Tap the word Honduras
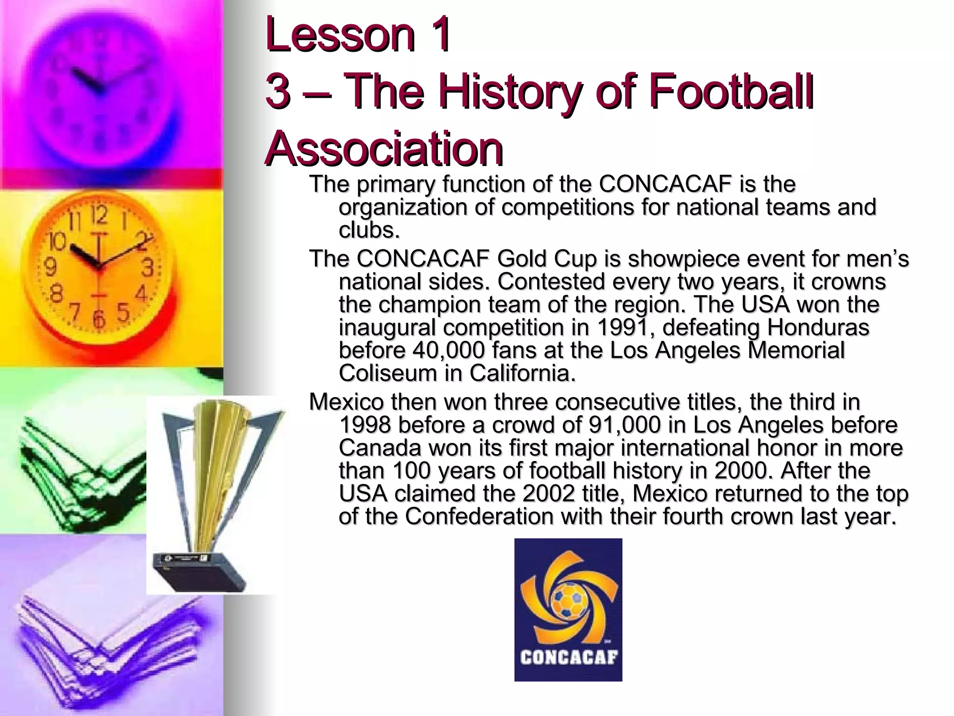(x=818, y=328)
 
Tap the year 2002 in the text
(x=548, y=494)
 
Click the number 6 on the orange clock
(x=98, y=319)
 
